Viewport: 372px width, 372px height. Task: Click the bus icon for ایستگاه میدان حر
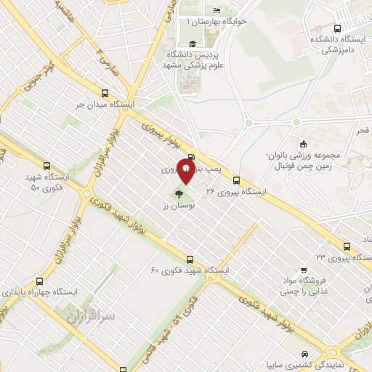click(106, 93)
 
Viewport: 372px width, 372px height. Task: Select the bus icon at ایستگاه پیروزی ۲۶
click(236, 180)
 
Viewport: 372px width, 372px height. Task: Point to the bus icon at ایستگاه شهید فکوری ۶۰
click(190, 259)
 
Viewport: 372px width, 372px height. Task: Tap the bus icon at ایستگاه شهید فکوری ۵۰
click(48, 166)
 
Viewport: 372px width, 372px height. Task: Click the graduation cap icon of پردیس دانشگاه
click(192, 45)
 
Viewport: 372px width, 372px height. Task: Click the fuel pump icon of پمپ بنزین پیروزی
click(191, 157)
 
